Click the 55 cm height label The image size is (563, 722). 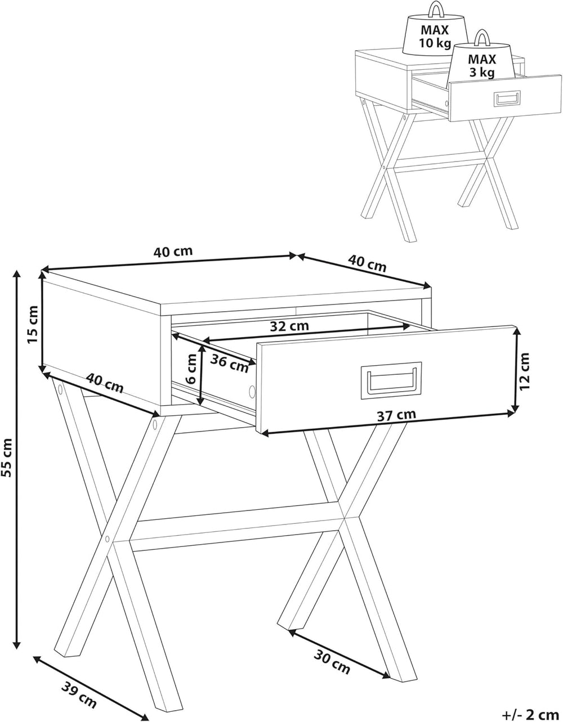point(7,458)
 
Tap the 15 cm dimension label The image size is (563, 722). point(33,325)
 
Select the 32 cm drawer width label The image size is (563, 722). point(289,326)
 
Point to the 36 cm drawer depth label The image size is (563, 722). point(229,363)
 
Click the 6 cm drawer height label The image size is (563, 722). point(192,369)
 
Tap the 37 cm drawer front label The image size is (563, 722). point(396,415)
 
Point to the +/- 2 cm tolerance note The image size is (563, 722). point(530,714)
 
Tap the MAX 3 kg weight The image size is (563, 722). point(482,60)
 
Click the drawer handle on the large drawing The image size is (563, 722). point(391,380)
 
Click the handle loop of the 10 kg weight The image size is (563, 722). point(435,10)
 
